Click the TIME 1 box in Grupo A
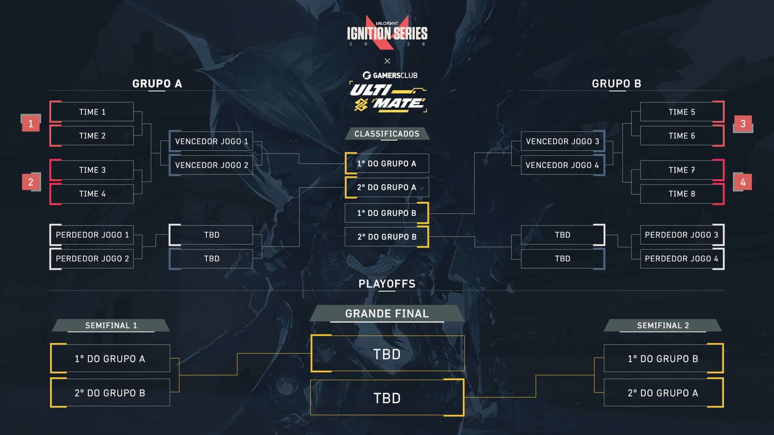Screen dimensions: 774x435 point(92,112)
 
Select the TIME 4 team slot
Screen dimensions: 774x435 point(92,194)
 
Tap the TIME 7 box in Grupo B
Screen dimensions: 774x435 point(682,170)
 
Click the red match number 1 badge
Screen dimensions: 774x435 point(31,123)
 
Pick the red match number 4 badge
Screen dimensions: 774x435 point(743,182)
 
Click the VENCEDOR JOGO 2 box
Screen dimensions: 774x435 point(211,165)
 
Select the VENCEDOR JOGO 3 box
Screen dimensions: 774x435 point(563,141)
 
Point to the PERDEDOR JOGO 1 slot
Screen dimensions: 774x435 point(92,235)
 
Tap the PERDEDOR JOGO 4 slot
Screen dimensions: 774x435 point(682,259)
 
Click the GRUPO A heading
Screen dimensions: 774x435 point(157,84)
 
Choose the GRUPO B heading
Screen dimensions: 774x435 point(616,84)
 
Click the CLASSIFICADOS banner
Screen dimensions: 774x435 point(387,134)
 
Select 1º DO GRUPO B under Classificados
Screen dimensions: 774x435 point(387,213)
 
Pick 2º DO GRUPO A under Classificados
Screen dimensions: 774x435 point(387,187)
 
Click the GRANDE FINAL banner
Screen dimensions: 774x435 point(387,313)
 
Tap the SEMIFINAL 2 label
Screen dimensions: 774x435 point(663,325)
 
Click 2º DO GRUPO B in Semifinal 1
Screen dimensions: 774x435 point(110,393)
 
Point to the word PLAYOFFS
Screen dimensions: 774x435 point(387,284)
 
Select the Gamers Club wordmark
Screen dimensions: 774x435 point(390,75)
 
